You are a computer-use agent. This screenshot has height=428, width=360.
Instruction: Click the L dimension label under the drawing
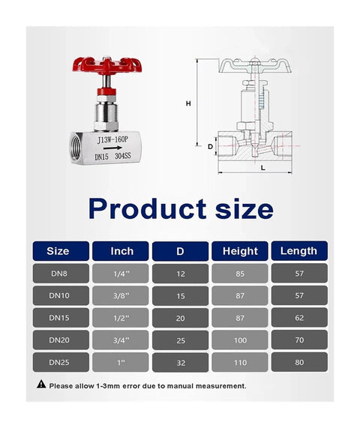click(x=262, y=169)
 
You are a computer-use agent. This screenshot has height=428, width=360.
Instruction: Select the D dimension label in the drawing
click(x=210, y=146)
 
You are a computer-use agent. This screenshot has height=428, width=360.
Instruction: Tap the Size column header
click(x=58, y=251)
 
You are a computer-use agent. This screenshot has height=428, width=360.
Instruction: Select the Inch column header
click(x=121, y=251)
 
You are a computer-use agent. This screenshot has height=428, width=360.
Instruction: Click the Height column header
click(x=240, y=251)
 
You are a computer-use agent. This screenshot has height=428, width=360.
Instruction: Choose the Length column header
click(x=298, y=251)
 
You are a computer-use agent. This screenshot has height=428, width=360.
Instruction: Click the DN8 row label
click(x=58, y=274)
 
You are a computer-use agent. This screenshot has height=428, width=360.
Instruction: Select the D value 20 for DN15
click(x=181, y=318)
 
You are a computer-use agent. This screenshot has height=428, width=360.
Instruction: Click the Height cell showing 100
click(x=240, y=340)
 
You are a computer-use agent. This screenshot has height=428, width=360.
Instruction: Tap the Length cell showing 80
click(x=298, y=363)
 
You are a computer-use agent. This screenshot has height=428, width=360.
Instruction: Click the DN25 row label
click(x=58, y=363)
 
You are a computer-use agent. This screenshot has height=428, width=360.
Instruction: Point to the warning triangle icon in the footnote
click(x=41, y=385)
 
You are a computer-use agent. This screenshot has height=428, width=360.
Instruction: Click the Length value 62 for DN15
click(x=298, y=318)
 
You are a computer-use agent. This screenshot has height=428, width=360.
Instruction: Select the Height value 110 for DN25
click(x=240, y=363)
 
